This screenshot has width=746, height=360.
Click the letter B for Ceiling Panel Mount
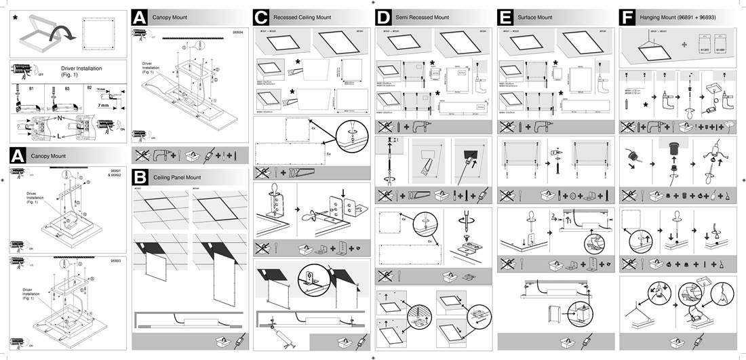point(140,177)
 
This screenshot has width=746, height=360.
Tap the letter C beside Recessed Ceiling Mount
point(260,16)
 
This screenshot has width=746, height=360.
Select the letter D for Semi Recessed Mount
point(383,16)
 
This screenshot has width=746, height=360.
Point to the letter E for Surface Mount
point(505,16)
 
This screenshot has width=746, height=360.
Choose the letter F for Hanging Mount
point(627,16)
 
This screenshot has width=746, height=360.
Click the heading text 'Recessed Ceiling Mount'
point(302,17)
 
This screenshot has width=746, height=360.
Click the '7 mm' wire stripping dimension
point(104,105)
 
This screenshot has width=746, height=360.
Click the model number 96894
point(238,31)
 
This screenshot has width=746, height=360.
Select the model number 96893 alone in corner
point(116,260)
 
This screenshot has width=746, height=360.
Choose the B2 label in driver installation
point(88,87)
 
